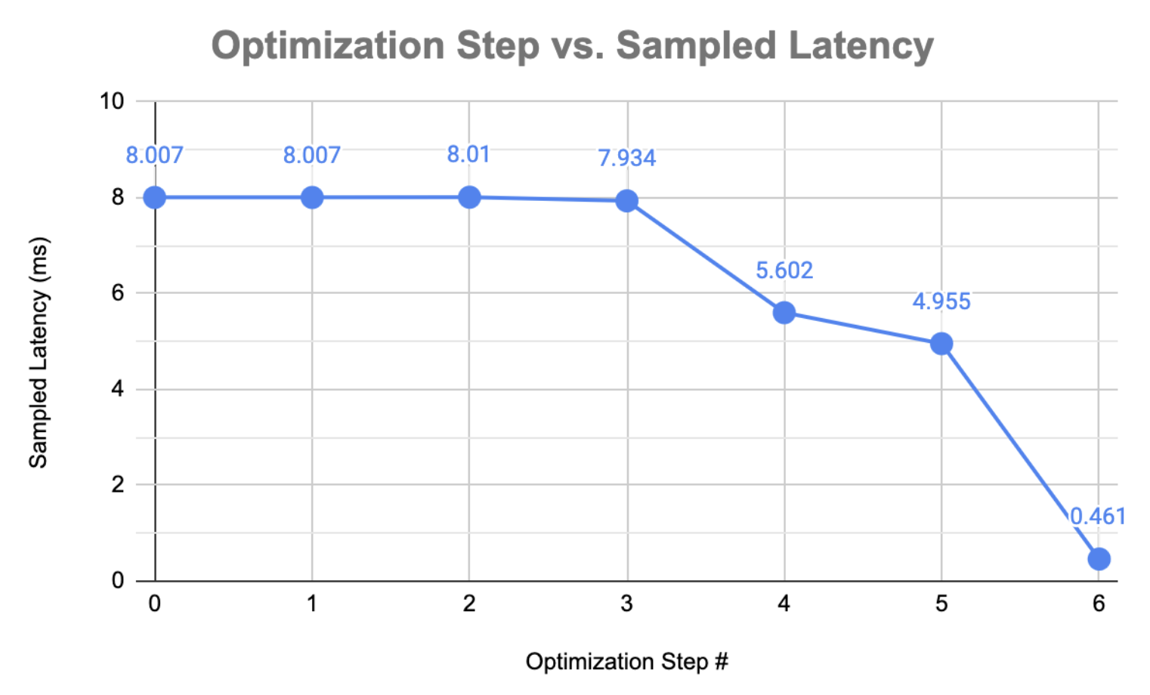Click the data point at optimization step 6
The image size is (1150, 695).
coord(1099,559)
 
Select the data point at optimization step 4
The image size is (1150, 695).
coord(784,312)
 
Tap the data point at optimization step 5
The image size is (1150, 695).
coord(941,344)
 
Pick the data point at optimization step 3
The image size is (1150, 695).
coord(626,200)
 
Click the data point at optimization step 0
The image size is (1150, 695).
coord(155,197)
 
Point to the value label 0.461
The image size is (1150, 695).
coord(1098,516)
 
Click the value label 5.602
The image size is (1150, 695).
coord(784,270)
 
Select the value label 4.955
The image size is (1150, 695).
coord(941,301)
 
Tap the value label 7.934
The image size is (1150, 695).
coord(626,158)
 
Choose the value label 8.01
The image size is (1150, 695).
coord(468,154)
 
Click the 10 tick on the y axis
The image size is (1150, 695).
coord(112,101)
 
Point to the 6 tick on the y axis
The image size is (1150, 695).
coord(118,293)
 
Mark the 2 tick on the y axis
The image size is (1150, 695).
coord(118,484)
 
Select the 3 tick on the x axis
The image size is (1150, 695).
coord(626,604)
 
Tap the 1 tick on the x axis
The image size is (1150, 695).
coord(312,604)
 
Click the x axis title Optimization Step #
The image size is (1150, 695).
coord(626,662)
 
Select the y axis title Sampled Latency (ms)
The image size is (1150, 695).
coord(38,352)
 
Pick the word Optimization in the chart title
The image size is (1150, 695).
coord(327,45)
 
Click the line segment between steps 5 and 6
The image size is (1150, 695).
coord(1020,451)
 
